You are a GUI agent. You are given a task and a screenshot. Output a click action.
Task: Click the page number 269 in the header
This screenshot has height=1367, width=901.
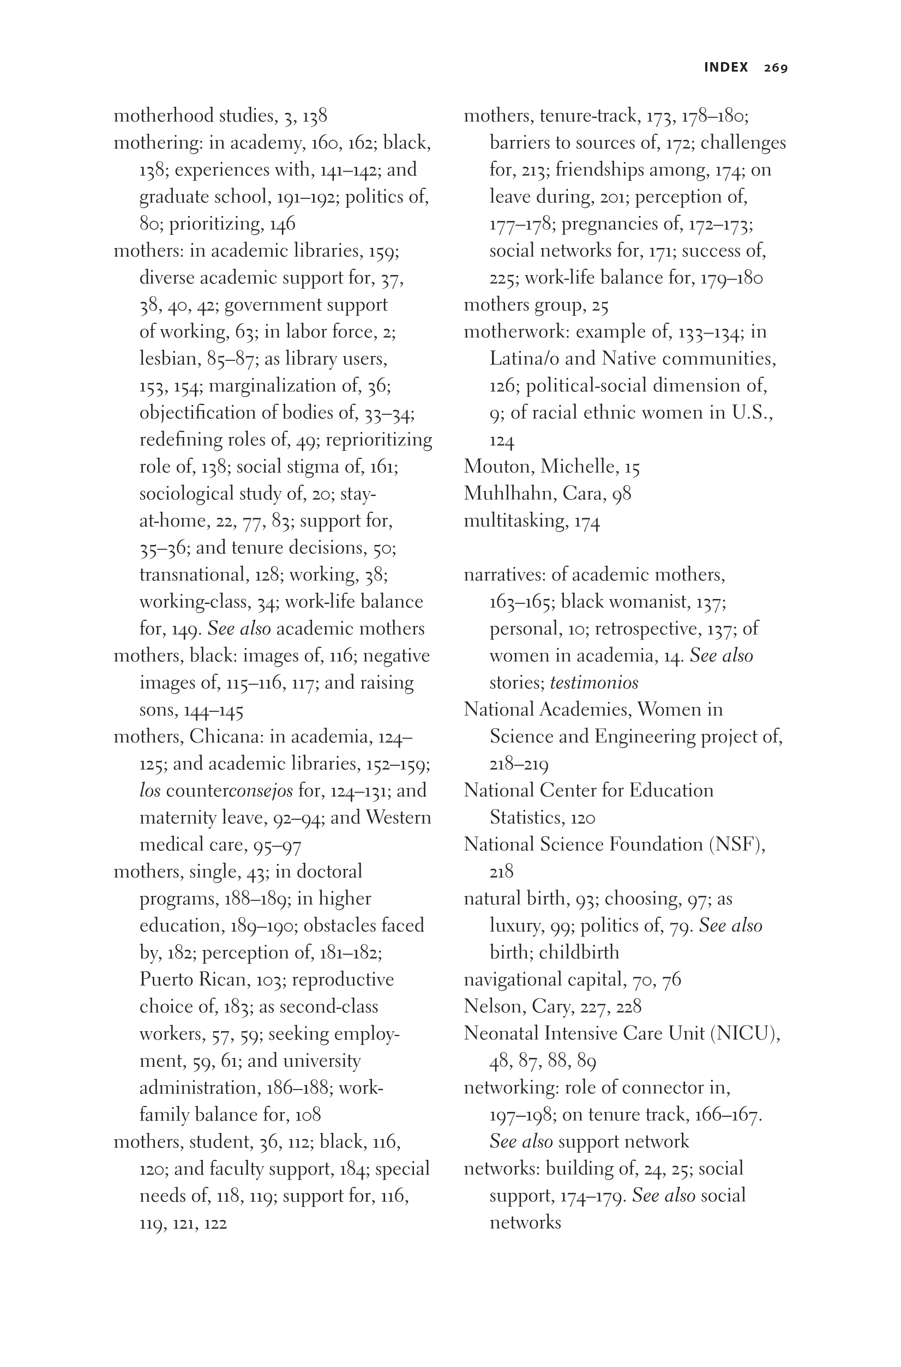coord(776,68)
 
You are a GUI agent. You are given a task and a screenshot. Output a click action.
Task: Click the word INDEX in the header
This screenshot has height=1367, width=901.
coord(726,67)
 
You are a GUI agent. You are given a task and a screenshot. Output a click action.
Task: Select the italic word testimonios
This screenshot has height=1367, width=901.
coord(593,683)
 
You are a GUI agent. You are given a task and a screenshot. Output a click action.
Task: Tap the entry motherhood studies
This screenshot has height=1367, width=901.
coord(195,116)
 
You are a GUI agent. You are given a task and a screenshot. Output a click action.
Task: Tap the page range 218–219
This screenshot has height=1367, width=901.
coord(519,765)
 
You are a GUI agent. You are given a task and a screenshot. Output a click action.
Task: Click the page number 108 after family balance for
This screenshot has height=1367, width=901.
coord(308,1115)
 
